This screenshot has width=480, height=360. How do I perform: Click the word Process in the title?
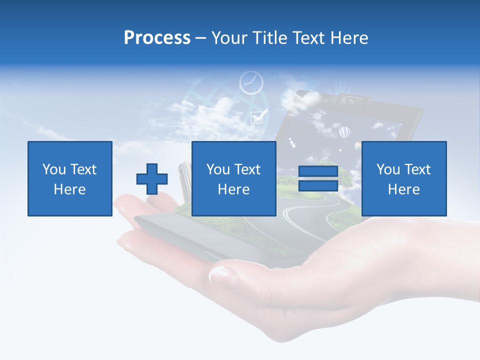[157, 38]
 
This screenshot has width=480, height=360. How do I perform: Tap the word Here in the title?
[348, 38]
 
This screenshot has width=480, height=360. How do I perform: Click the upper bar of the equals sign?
[318, 171]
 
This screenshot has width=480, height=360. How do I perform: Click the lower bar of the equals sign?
[318, 186]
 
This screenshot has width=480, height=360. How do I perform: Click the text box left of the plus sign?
[70, 178]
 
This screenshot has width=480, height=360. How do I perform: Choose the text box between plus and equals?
[233, 178]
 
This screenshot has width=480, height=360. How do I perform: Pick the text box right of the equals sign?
[403, 178]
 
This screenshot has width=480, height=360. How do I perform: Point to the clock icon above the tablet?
[251, 83]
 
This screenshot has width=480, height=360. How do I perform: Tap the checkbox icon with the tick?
[258, 116]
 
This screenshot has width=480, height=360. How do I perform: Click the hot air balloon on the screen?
[344, 133]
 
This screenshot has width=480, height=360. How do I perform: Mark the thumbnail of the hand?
[220, 273]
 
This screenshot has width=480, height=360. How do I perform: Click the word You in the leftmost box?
[54, 169]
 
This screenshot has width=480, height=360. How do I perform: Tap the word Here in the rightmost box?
[403, 189]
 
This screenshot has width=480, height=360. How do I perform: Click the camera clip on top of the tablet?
[352, 99]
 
